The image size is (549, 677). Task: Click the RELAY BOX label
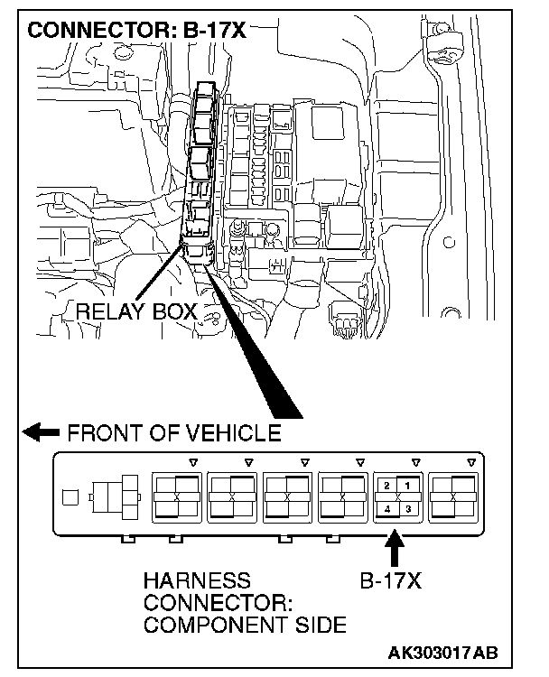pos(136,312)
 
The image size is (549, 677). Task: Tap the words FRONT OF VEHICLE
pos(174,432)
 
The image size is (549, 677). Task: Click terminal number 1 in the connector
pos(407,486)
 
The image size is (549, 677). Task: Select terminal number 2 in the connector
pos(386,486)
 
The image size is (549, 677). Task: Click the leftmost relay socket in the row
pos(176,496)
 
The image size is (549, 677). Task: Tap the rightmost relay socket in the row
pos(454,496)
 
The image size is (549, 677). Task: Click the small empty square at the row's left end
pos(70,496)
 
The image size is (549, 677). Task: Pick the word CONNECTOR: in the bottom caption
pos(196,602)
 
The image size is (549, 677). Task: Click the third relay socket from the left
pos(287,496)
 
